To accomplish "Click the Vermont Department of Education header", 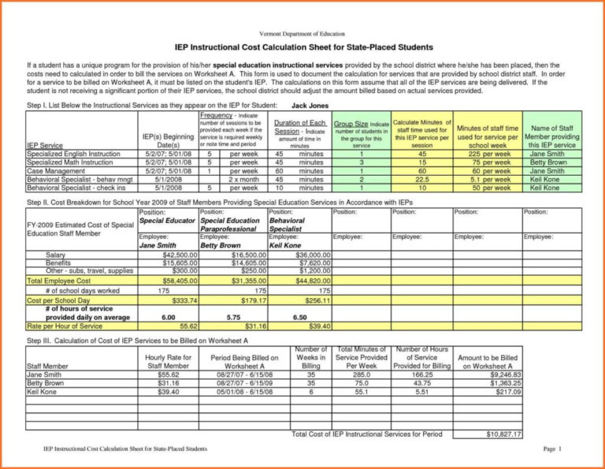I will pyautogui.click(x=303, y=35).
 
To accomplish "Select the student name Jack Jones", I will pyautogui.click(x=310, y=105).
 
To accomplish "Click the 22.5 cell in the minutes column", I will pyautogui.click(x=421, y=180).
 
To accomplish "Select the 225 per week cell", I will pyautogui.click(x=488, y=154).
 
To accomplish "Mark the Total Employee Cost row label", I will pyautogui.click(x=59, y=281).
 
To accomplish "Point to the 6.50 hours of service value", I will pyautogui.click(x=300, y=317).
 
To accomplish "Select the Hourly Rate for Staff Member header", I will pyautogui.click(x=168, y=362).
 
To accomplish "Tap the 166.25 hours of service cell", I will pyautogui.click(x=422, y=374).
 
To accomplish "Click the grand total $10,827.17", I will pyautogui.click(x=504, y=434).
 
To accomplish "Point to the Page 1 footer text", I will pyautogui.click(x=551, y=449).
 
